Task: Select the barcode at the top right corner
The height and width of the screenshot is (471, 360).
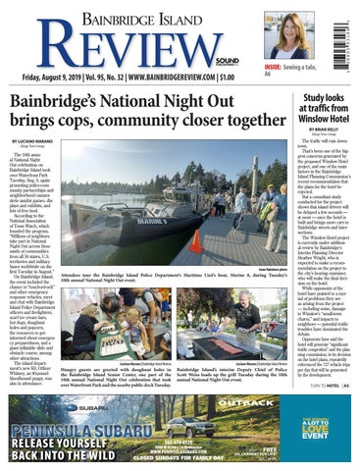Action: pyautogui.click(x=345, y=33)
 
